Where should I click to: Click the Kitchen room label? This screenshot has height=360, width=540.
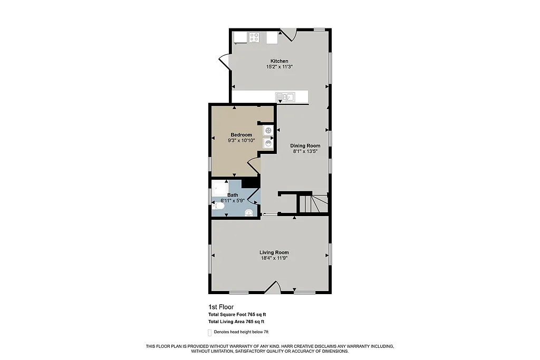click(x=279, y=61)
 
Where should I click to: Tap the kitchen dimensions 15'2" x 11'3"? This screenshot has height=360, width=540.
click(x=279, y=67)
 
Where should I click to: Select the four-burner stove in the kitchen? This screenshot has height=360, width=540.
click(x=254, y=37)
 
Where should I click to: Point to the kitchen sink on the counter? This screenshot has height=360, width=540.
click(x=288, y=96)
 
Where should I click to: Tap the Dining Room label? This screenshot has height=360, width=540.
click(x=305, y=145)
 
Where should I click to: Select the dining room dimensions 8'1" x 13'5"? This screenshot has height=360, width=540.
click(x=305, y=151)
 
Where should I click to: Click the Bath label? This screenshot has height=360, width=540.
click(x=233, y=195)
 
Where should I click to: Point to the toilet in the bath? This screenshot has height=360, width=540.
click(x=218, y=207)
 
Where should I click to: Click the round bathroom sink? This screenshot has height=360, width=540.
click(x=249, y=212)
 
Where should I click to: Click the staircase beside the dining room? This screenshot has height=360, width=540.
click(x=314, y=203)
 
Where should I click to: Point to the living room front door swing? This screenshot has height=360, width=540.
click(x=273, y=287)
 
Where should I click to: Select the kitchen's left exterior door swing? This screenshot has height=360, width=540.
click(x=224, y=62)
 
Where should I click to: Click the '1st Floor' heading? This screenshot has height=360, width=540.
click(x=221, y=307)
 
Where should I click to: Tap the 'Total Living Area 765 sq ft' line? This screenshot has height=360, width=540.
click(x=236, y=322)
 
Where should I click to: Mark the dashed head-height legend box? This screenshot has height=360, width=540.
click(x=210, y=333)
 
